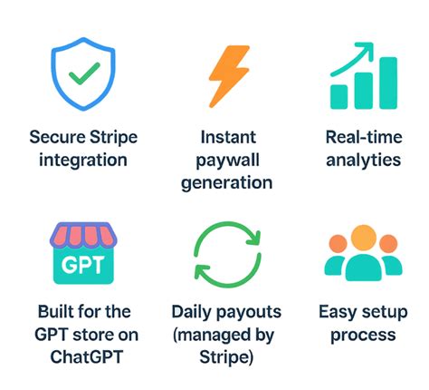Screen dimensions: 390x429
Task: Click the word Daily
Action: (192, 312)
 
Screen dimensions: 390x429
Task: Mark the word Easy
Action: (337, 312)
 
